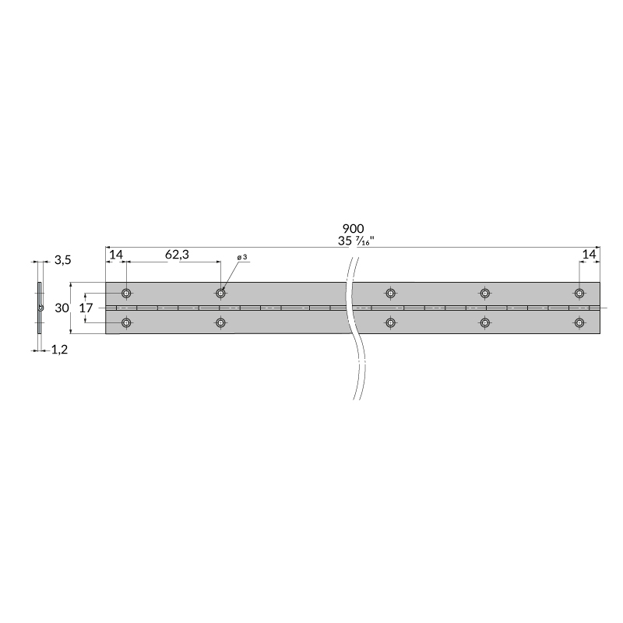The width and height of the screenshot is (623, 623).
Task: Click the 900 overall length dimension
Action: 353,228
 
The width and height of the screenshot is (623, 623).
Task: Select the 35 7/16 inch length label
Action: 356,241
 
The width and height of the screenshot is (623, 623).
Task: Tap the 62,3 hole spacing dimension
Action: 177,255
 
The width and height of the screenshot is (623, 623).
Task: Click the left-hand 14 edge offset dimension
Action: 116,255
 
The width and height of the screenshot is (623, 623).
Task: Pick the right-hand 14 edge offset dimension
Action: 589,255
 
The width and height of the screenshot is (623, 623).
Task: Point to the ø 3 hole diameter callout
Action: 242,258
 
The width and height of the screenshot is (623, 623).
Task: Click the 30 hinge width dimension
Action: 62,308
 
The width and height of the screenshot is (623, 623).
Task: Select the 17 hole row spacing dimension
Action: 86,308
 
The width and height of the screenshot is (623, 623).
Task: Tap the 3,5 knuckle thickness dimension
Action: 63,260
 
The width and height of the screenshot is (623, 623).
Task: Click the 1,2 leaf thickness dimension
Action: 60,350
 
